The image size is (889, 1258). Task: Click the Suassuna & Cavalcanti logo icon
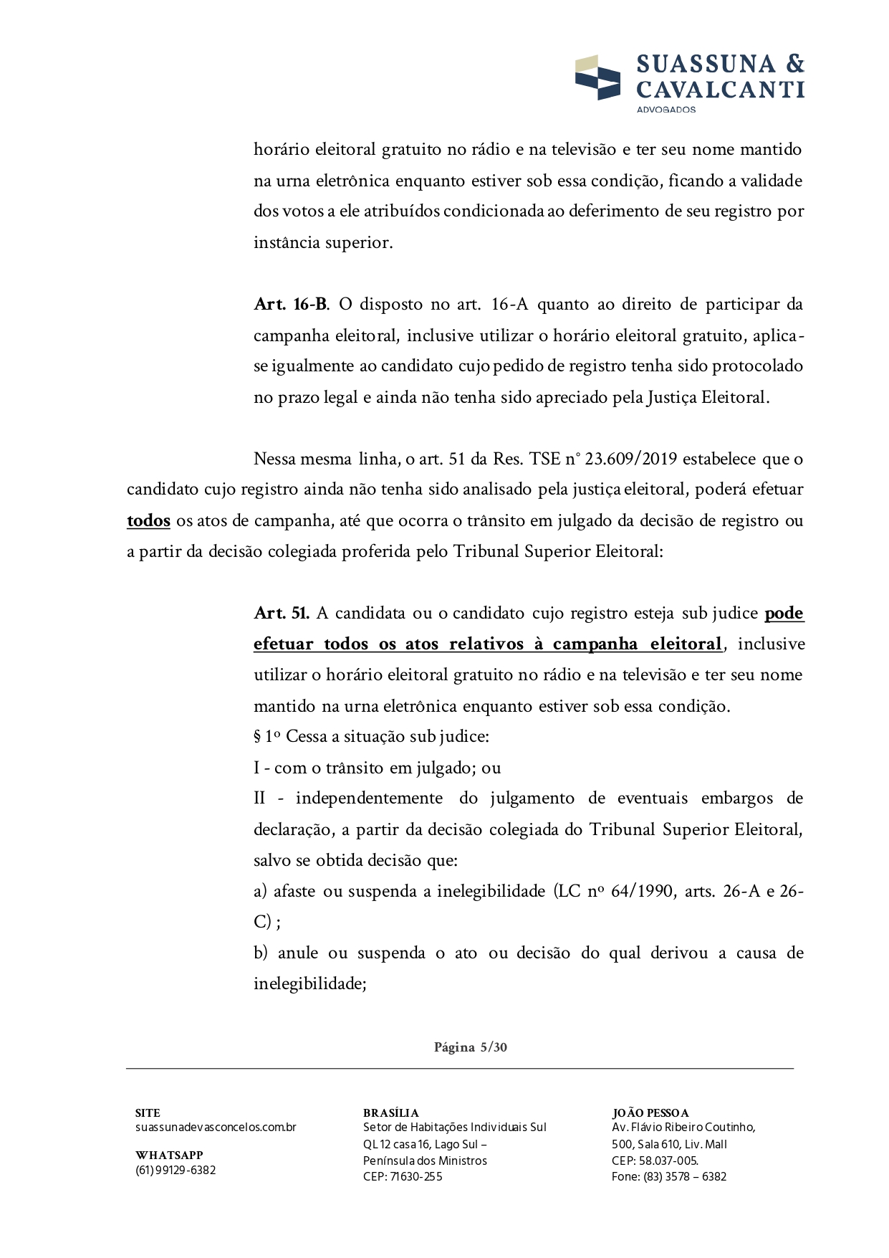[x=597, y=77]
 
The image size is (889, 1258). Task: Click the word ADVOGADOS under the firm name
[x=666, y=110]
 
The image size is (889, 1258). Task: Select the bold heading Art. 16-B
[x=291, y=305]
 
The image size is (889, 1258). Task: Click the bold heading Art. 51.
[x=282, y=614]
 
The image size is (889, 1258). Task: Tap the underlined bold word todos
[x=148, y=521]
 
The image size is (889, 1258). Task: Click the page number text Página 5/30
[x=471, y=1047]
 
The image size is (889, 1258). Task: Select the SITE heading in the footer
[x=148, y=1113]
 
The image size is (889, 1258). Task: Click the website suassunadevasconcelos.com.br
[x=216, y=1128]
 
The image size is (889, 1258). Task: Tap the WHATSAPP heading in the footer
[x=169, y=1155]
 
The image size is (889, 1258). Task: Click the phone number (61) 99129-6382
[x=176, y=1171]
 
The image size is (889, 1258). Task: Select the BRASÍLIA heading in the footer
[x=390, y=1113]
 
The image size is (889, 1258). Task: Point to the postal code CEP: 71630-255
[x=403, y=1177]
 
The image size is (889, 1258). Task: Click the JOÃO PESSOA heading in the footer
[x=650, y=1113]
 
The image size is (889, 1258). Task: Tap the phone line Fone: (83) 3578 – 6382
[x=669, y=1177]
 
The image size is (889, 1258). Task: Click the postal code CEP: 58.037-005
[x=655, y=1161]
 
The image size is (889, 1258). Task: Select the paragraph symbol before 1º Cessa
[x=257, y=737]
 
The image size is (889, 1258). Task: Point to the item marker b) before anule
[x=261, y=953]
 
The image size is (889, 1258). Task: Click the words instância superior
[x=323, y=243]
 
